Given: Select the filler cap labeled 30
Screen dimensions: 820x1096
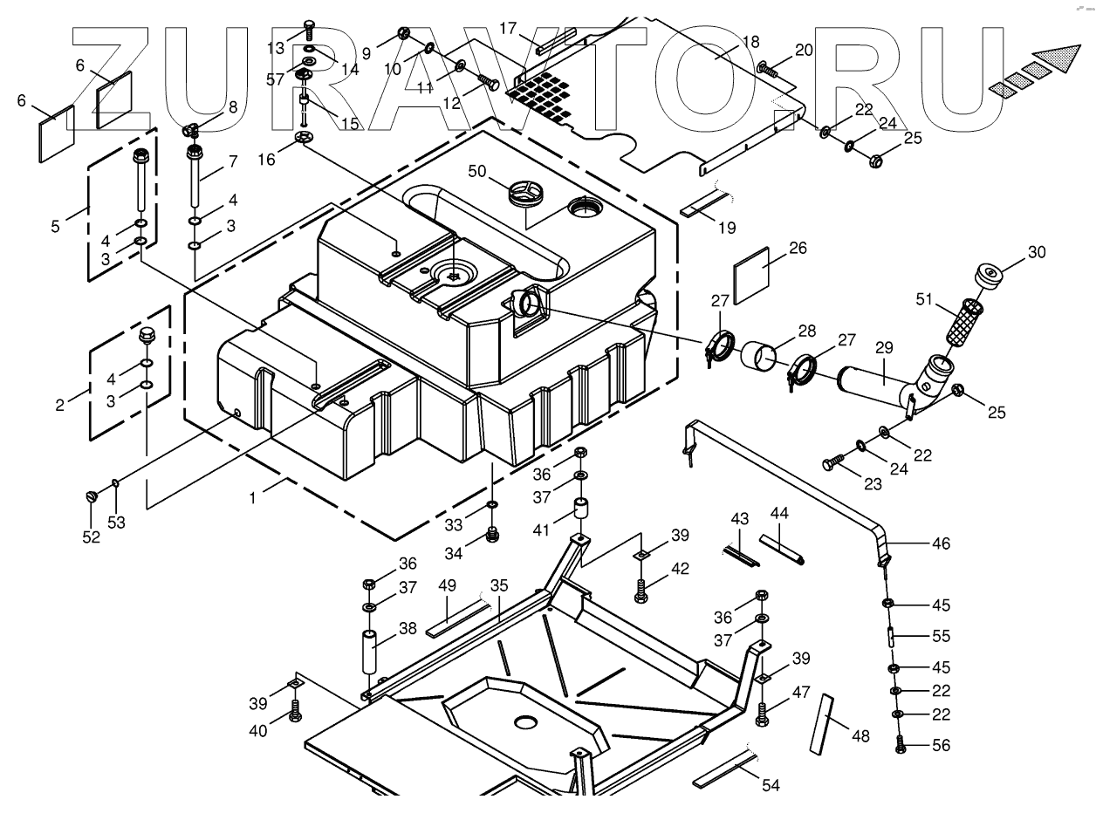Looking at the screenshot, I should (x=988, y=277).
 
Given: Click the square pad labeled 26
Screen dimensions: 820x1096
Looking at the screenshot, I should (x=753, y=274).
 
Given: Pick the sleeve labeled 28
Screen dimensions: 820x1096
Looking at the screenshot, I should (x=761, y=358).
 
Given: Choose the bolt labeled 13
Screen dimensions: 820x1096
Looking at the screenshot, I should (x=308, y=30).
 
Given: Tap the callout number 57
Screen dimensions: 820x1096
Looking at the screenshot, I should (x=275, y=79).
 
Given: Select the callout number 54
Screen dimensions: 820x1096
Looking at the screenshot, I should (x=771, y=785).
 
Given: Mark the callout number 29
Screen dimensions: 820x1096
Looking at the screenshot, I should (x=884, y=346).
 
